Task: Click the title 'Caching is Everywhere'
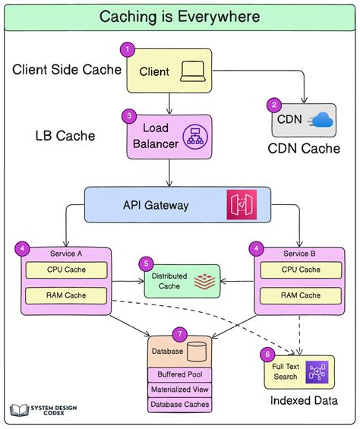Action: (179, 16)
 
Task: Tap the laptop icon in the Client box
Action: (191, 72)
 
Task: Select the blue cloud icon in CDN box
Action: (321, 119)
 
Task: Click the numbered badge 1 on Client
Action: (129, 51)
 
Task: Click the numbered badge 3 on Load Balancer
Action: (129, 116)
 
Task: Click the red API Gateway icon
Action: (241, 205)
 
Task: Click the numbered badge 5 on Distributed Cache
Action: (145, 263)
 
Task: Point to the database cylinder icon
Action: (197, 352)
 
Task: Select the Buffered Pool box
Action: (179, 374)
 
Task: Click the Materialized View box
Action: (179, 390)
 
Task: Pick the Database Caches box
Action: (179, 405)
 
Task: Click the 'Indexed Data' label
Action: (303, 400)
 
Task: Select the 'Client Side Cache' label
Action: (67, 71)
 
